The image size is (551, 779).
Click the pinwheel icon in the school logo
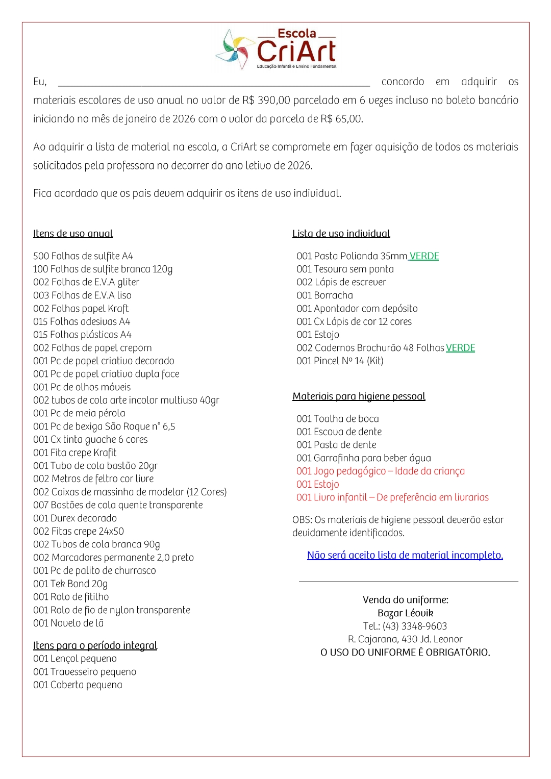(x=235, y=49)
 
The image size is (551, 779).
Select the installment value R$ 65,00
(x=341, y=119)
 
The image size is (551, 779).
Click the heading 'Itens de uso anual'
(x=73, y=234)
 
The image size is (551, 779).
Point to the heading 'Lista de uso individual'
(x=341, y=234)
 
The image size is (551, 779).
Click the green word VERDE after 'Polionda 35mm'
(x=424, y=256)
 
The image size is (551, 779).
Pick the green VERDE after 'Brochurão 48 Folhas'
(x=460, y=348)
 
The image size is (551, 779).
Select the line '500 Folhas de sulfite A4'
(x=83, y=256)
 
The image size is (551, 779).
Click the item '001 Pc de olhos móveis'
(x=82, y=387)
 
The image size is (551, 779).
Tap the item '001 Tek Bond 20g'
(x=70, y=584)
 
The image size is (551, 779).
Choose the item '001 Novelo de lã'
(x=68, y=623)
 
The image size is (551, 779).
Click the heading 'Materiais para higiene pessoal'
(x=359, y=396)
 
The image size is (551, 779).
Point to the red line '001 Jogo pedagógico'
(x=381, y=471)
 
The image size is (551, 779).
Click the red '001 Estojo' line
(x=317, y=485)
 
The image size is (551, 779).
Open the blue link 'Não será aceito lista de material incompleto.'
(x=405, y=556)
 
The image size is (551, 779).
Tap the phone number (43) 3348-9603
(x=415, y=626)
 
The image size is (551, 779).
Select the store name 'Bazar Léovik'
(x=405, y=613)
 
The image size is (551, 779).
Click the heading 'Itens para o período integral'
(x=95, y=646)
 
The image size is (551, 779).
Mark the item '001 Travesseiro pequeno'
(x=85, y=672)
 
